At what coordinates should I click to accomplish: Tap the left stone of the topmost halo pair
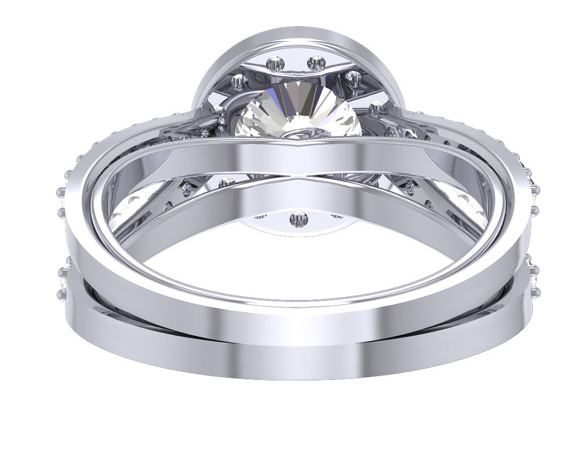pos(276,64)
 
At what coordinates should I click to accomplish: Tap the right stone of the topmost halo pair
pos(316,63)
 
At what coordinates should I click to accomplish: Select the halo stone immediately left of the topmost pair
pos(239,82)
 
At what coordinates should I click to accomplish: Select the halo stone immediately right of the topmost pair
pos(353,78)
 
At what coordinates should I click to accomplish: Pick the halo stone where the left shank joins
pos(218,111)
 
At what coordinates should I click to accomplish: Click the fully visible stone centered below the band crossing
pos(299,218)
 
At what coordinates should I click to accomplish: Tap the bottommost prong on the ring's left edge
pos(61,294)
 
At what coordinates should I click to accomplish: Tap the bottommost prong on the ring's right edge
pos(535,291)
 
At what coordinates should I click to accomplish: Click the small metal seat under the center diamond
pos(299,134)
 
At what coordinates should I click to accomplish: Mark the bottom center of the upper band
pos(299,320)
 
